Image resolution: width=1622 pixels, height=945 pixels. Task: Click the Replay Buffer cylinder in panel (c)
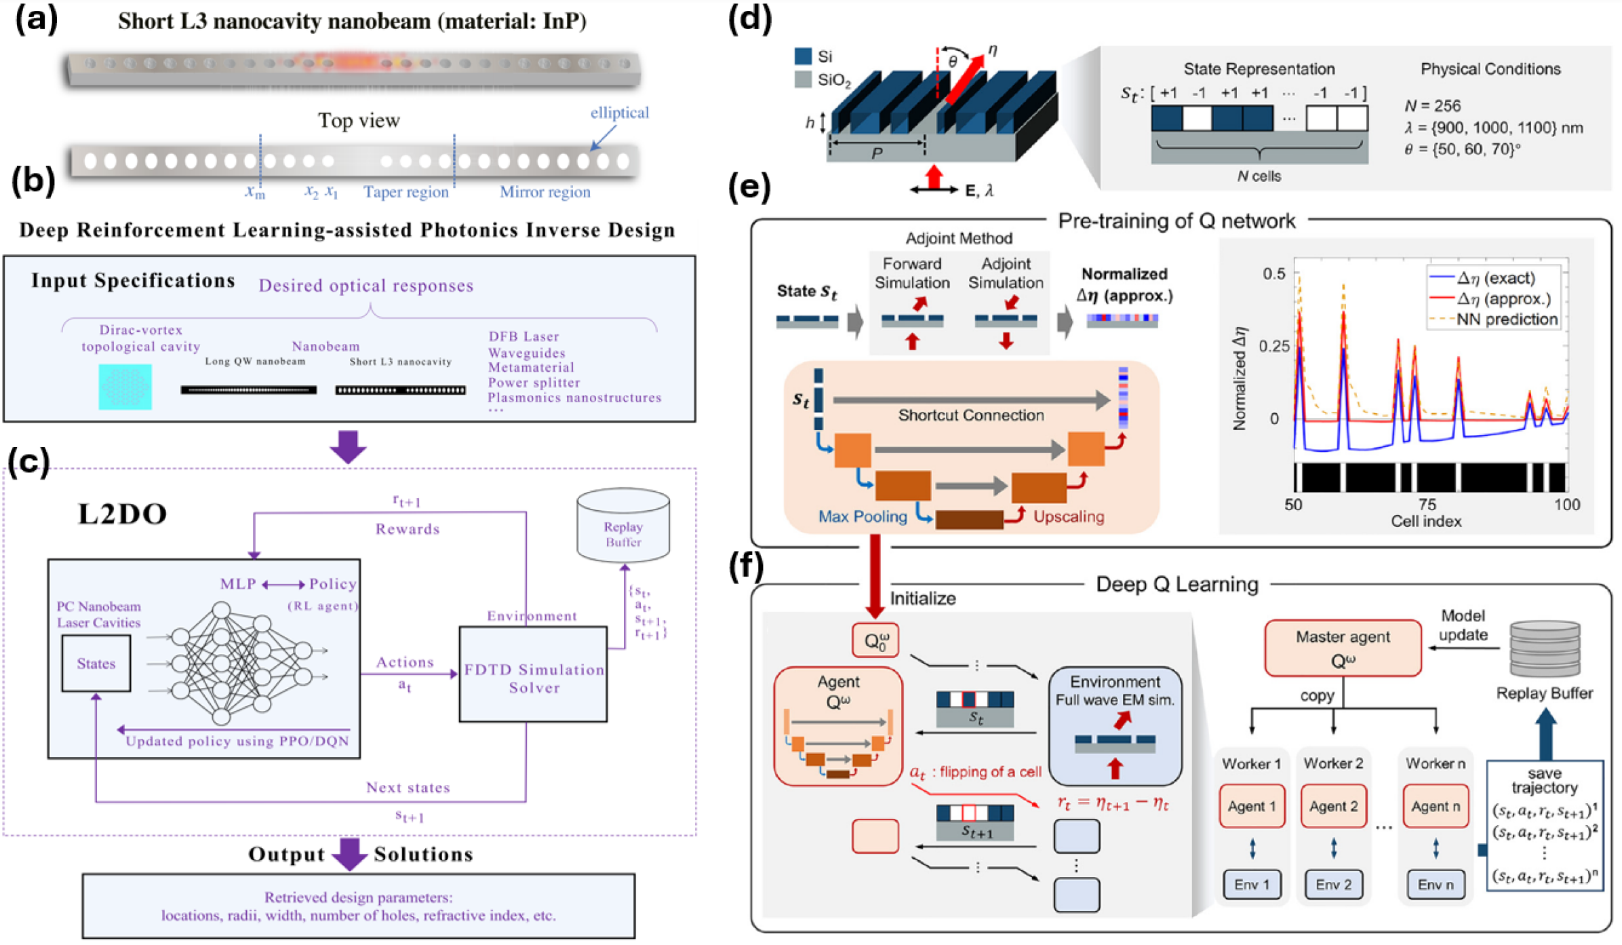click(x=622, y=526)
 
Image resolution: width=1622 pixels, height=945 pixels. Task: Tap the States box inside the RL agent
click(x=96, y=663)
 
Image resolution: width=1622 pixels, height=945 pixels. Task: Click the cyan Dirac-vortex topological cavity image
click(x=125, y=387)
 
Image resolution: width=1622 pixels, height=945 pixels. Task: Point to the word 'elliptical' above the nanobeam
click(x=619, y=113)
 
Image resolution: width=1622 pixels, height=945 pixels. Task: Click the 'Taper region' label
click(x=406, y=192)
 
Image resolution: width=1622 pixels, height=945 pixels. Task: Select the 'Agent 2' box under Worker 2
click(x=1333, y=806)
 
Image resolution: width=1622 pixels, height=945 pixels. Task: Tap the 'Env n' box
click(x=1435, y=885)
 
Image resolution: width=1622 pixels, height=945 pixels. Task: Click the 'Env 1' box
click(x=1252, y=885)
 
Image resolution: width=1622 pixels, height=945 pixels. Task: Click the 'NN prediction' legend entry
click(x=1506, y=320)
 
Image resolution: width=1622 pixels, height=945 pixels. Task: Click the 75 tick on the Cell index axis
click(x=1427, y=504)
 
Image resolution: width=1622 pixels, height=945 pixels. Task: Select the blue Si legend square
click(x=803, y=56)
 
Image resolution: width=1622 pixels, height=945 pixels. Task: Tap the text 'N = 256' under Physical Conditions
click(x=1432, y=106)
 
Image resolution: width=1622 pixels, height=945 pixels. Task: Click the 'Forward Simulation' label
click(x=911, y=273)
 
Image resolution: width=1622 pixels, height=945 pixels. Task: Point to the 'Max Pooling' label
click(x=863, y=517)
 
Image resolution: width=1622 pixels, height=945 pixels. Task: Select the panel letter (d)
click(x=749, y=18)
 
